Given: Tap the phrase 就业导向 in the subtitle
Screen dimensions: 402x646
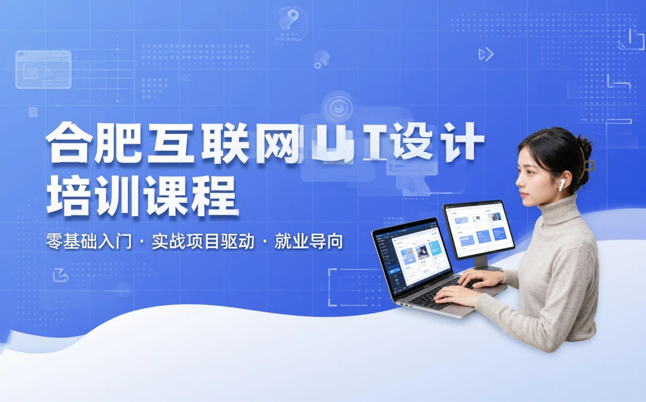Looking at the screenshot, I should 309,241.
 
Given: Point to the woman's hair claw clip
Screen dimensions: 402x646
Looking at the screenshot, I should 589,165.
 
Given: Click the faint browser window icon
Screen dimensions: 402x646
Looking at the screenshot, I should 44,70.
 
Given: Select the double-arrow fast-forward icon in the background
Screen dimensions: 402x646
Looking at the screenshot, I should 486,55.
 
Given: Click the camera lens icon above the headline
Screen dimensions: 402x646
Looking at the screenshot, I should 338,107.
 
